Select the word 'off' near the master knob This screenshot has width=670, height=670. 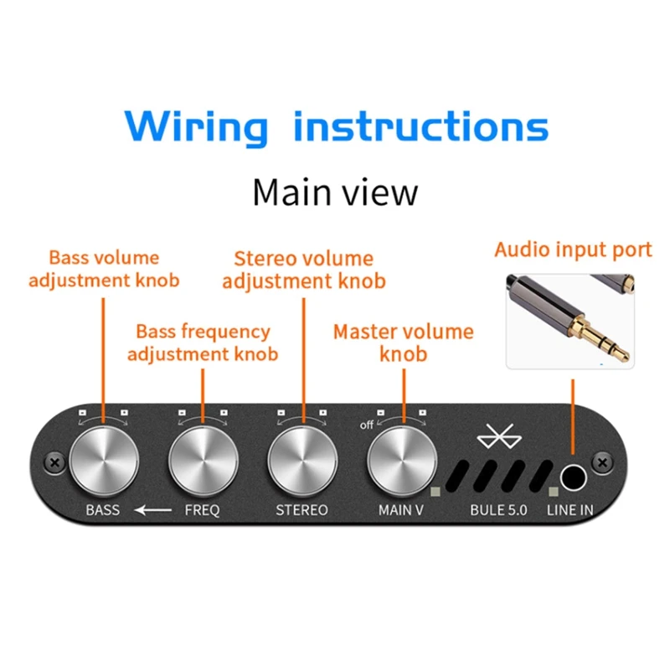pos(367,425)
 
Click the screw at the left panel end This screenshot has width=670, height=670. pos(54,461)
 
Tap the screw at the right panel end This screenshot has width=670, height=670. pos(602,461)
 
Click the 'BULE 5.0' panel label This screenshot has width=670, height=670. pos(498,509)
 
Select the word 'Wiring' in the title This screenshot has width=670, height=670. pos(196,127)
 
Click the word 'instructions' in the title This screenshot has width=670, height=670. pos(421,127)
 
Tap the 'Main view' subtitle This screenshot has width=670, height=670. pos(335,192)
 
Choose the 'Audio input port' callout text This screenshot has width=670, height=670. pos(573,250)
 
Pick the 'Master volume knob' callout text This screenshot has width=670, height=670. pos(403,343)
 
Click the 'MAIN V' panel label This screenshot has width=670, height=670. pos(401,509)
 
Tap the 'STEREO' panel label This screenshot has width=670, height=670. pos(301,509)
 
